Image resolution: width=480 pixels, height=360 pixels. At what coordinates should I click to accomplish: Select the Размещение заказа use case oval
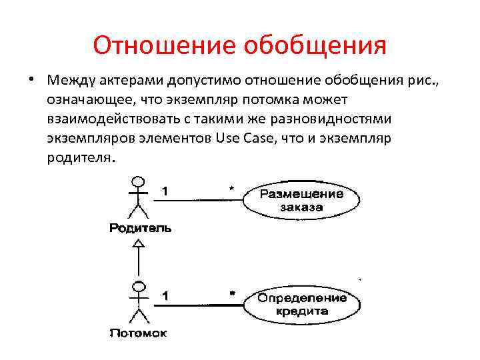tap(301, 201)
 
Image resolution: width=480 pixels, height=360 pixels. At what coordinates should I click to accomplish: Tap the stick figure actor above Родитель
tap(138, 197)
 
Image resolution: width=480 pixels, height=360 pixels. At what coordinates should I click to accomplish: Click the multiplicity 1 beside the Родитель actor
tap(165, 190)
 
